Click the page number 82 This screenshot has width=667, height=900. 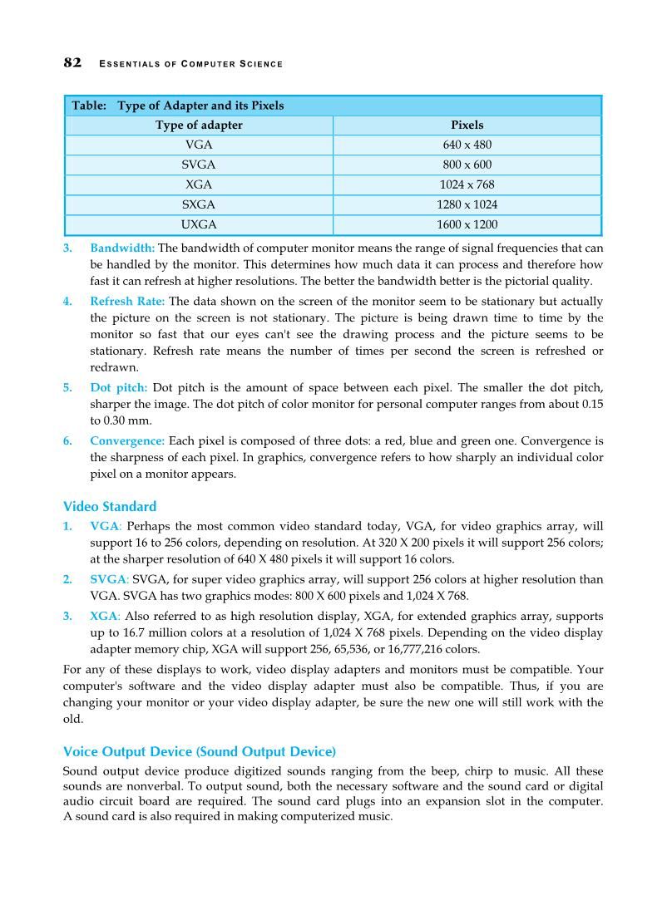[72, 63]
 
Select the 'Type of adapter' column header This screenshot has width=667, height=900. [199, 125]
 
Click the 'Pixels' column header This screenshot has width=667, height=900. [467, 125]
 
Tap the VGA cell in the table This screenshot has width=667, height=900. [199, 145]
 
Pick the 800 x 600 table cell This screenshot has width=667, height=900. [467, 165]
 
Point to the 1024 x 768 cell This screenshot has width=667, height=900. [467, 184]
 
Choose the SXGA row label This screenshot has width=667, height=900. [199, 204]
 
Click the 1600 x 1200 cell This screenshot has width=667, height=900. [467, 224]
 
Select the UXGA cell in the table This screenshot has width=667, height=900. [199, 224]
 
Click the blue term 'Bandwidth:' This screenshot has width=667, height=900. [122, 248]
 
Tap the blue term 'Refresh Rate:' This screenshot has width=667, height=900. [127, 302]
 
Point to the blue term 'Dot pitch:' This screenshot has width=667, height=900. [119, 388]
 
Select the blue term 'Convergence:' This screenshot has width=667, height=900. [127, 441]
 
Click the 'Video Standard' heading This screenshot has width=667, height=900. [110, 506]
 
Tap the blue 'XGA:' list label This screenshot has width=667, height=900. [106, 617]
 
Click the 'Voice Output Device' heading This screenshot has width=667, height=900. [200, 751]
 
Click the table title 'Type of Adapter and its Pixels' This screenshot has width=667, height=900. [200, 106]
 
